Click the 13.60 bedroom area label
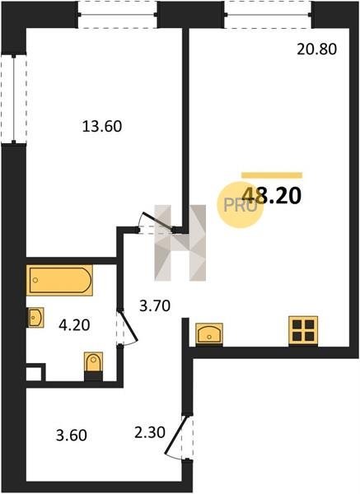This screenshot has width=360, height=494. [x=102, y=127]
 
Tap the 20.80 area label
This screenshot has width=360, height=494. [x=317, y=49]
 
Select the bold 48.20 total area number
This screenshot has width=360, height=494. [x=273, y=196]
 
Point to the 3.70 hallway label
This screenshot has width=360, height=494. [x=155, y=305]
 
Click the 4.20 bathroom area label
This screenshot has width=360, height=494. [x=74, y=325]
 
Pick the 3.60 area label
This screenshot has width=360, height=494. [x=71, y=436]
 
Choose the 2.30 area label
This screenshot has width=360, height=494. [x=149, y=432]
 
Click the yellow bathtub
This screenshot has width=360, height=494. [x=59, y=280]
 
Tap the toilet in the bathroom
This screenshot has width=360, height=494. [x=94, y=366]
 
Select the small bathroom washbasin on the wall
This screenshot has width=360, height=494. [x=35, y=318]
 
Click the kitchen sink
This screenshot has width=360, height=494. [x=209, y=334]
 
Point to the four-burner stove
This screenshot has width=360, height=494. [x=303, y=331]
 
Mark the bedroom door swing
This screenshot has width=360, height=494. [x=157, y=221]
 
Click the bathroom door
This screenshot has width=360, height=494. [x=128, y=329]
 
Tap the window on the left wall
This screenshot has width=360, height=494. [x=14, y=99]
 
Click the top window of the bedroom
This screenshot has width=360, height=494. [x=117, y=15]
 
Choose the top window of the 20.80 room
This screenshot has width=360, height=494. [x=268, y=15]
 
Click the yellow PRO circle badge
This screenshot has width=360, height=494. [x=240, y=205]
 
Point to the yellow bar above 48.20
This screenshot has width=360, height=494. [x=272, y=175]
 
